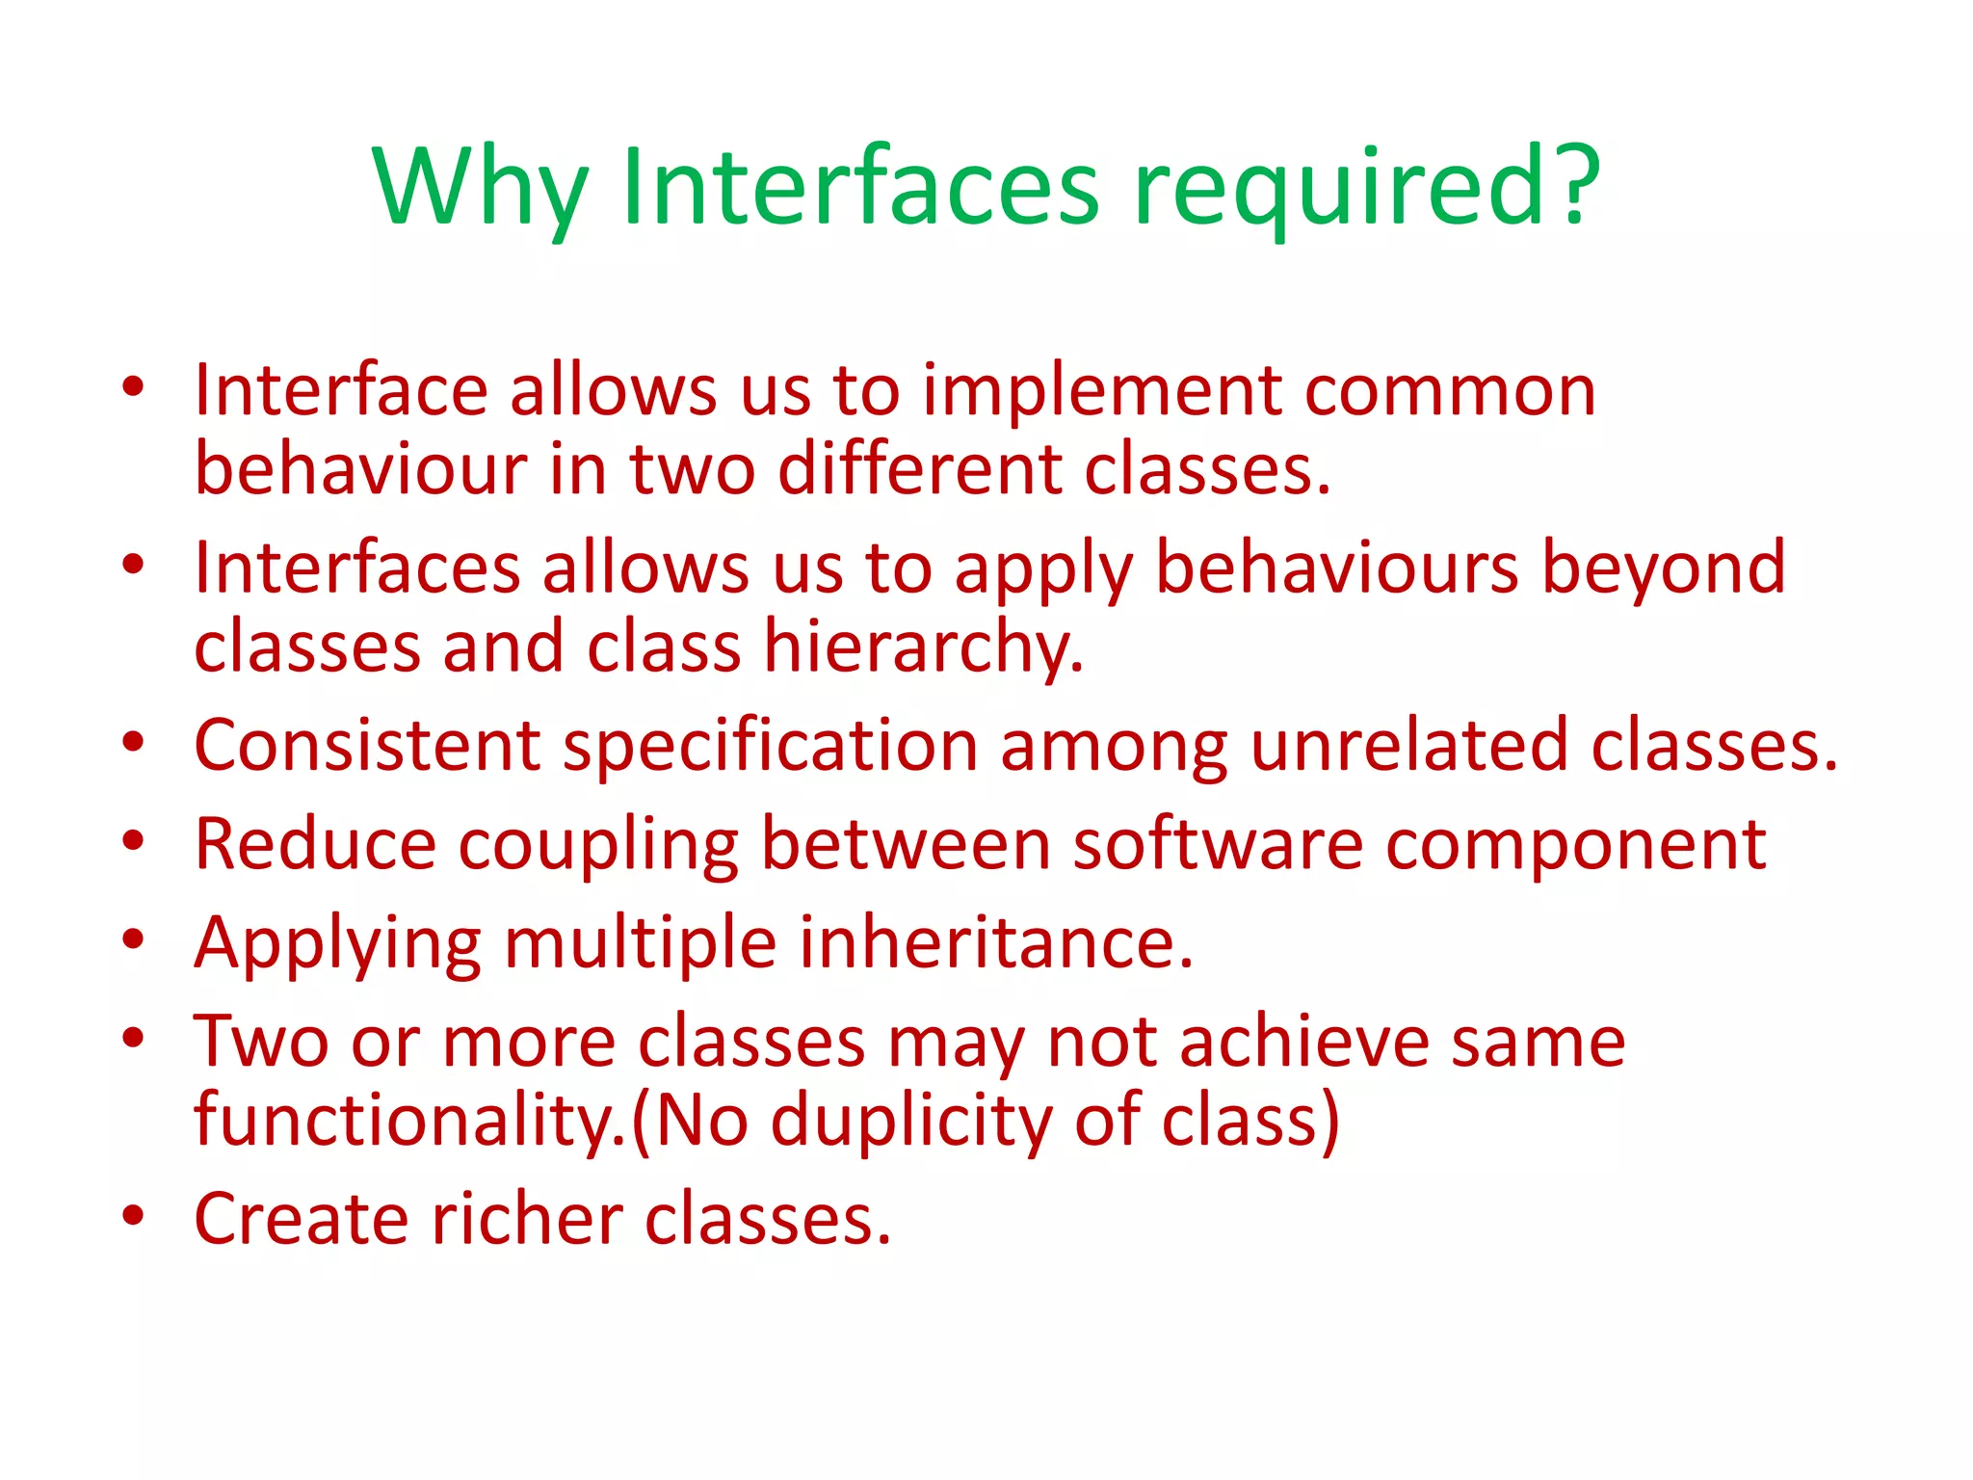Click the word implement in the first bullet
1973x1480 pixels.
click(x=1102, y=392)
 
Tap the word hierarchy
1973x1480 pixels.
click(x=923, y=648)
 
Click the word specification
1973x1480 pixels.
click(x=771, y=746)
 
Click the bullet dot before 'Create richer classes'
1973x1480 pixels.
click(x=133, y=1215)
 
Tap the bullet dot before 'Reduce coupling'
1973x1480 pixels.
click(x=133, y=840)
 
